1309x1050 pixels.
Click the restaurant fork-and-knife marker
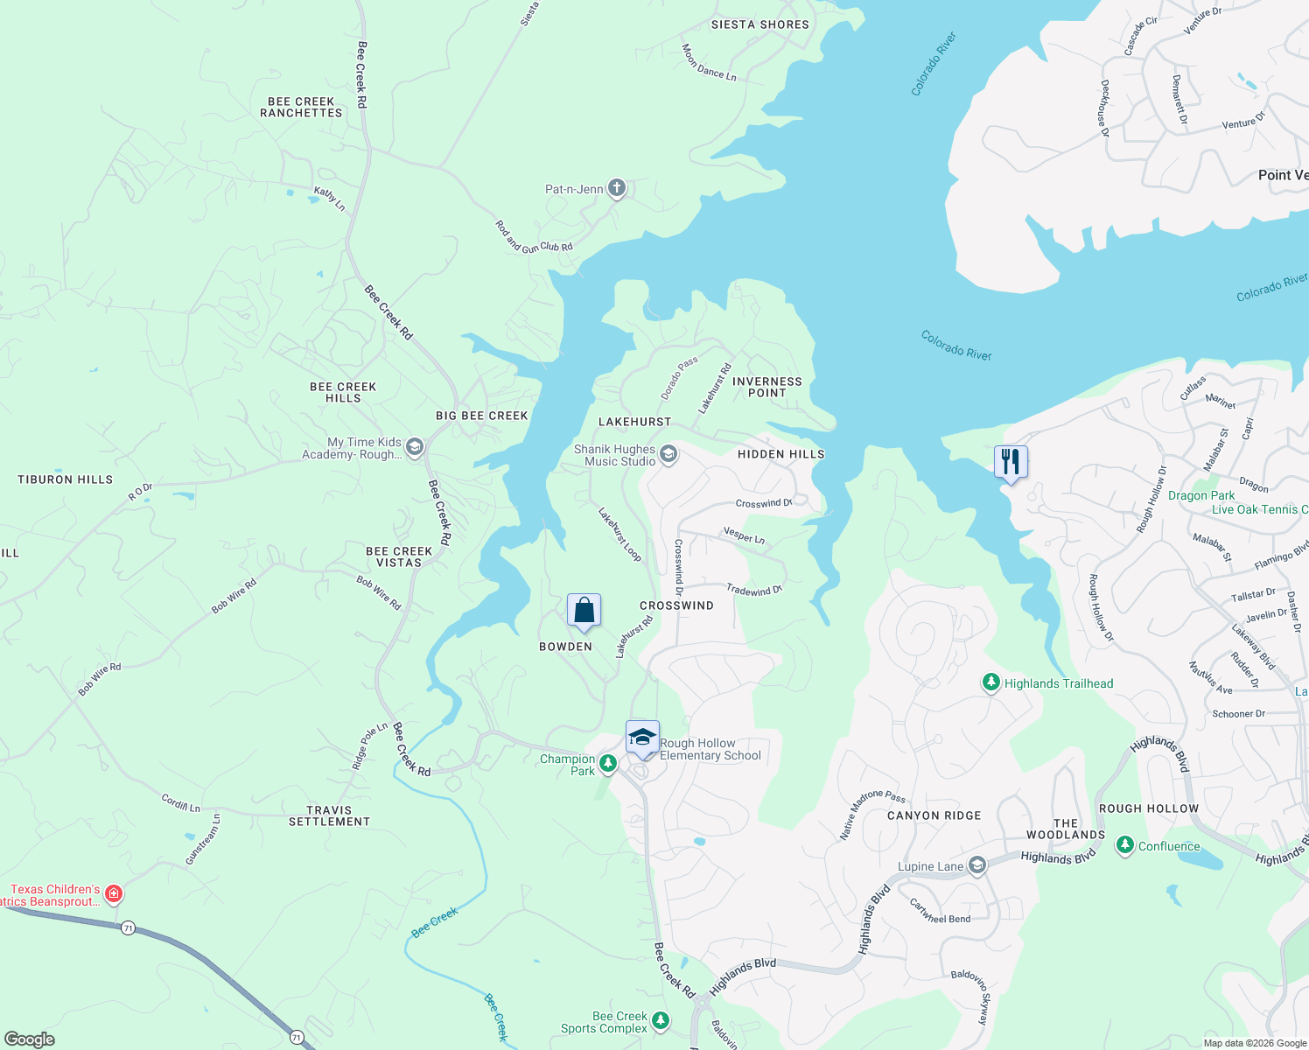point(1011,461)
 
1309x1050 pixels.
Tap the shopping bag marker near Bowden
point(584,610)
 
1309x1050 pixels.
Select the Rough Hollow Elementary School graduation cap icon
point(642,737)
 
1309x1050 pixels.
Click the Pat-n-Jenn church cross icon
point(617,188)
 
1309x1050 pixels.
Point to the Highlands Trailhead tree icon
point(990,682)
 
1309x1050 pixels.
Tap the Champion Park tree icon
point(607,764)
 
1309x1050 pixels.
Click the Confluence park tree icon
point(1125,846)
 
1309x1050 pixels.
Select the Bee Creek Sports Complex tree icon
point(661,1020)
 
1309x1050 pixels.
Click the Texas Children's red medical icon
point(113,894)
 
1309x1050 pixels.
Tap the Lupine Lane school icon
point(977,866)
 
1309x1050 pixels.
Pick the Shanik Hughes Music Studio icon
point(668,454)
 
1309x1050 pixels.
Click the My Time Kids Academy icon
point(415,448)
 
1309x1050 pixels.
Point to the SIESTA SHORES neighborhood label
point(759,24)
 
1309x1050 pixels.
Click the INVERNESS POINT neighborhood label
point(766,387)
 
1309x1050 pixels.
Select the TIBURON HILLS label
point(66,479)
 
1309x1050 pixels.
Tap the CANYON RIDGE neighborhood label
point(934,815)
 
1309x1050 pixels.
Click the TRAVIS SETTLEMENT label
point(329,815)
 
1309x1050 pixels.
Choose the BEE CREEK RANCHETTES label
point(301,107)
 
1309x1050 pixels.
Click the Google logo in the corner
point(30,1039)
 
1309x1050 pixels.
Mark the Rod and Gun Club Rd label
point(534,238)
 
